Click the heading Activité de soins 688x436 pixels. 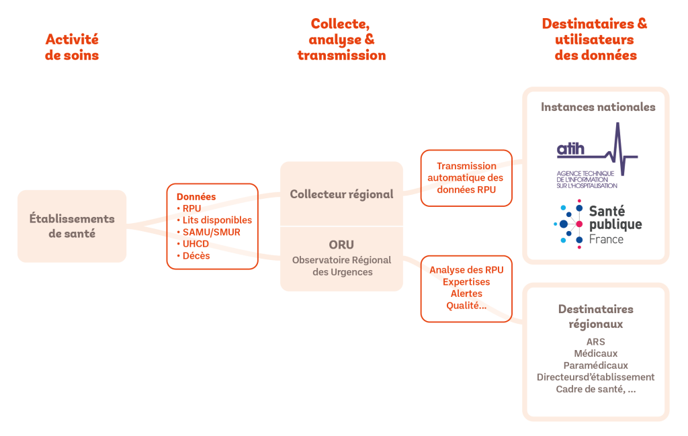[72, 47]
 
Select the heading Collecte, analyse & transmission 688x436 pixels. [341, 40]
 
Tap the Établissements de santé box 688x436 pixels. [72, 226]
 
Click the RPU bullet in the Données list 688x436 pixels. [191, 208]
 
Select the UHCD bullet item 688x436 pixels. [196, 244]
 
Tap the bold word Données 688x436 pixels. [196, 197]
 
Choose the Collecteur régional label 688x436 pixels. [341, 194]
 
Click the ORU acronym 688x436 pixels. [341, 245]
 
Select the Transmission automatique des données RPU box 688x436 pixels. [466, 178]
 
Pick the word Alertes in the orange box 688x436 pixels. [466, 294]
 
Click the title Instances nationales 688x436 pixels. [598, 107]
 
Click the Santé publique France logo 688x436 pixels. [597, 226]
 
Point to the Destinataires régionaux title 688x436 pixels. [595, 316]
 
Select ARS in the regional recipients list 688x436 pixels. [595, 342]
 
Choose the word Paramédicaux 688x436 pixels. [595, 365]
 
